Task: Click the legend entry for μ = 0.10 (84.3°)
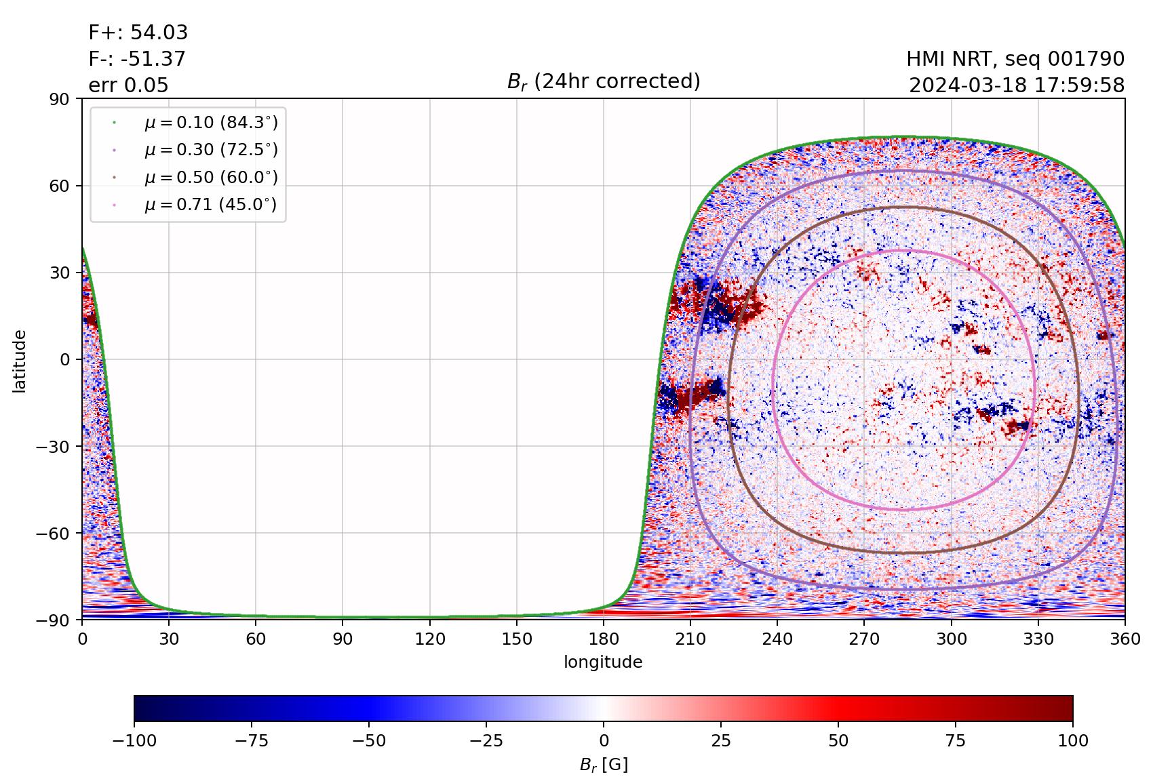pyautogui.click(x=210, y=123)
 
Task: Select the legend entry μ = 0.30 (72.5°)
pyautogui.click(x=210, y=150)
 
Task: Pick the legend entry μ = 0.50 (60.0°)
pyautogui.click(x=210, y=178)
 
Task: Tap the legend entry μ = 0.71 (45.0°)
pyautogui.click(x=210, y=205)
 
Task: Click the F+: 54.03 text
pyautogui.click(x=138, y=33)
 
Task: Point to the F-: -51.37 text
pyautogui.click(x=137, y=59)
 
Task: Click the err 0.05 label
pyautogui.click(x=128, y=85)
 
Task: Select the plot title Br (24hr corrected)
pyautogui.click(x=604, y=81)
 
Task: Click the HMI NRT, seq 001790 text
pyautogui.click(x=1015, y=59)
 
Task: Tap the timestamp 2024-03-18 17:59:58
pyautogui.click(x=1017, y=85)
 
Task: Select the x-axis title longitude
pyautogui.click(x=603, y=662)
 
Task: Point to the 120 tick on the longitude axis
pyautogui.click(x=430, y=639)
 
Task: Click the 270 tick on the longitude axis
pyautogui.click(x=864, y=639)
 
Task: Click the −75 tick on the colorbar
pyautogui.click(x=252, y=741)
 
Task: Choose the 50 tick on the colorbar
pyautogui.click(x=838, y=741)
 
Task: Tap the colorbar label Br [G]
pyautogui.click(x=604, y=765)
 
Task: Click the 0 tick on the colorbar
pyautogui.click(x=604, y=741)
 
